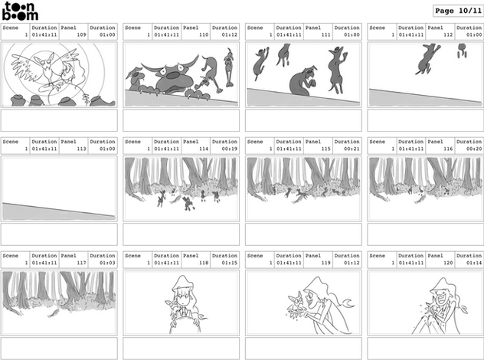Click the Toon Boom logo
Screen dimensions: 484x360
(20, 11)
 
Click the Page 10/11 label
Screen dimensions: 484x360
(458, 11)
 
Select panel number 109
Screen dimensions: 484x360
(81, 34)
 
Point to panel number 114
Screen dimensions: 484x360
(204, 149)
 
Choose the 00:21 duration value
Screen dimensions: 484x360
(352, 149)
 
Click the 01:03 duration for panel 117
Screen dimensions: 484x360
(107, 263)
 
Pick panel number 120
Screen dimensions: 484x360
(448, 263)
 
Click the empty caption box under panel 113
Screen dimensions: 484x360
(59, 234)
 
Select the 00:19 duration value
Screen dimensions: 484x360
(229, 149)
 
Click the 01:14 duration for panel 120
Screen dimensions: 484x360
(474, 263)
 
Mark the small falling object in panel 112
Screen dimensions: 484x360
(462, 51)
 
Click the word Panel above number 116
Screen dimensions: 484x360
(435, 142)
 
